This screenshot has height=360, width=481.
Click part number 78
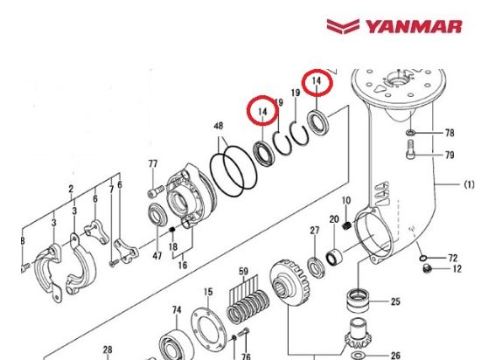[x=450, y=134]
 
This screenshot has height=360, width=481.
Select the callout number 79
[x=450, y=156]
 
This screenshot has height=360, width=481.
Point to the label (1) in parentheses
[x=469, y=184]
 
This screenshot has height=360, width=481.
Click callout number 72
[x=453, y=260]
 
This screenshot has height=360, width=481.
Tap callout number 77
[x=152, y=163]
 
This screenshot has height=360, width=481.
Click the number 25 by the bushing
[x=395, y=302]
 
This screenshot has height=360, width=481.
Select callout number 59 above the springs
[x=245, y=271]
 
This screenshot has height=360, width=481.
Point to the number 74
[x=176, y=310]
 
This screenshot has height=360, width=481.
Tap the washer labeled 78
[x=410, y=135]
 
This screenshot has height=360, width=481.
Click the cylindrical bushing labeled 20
[x=336, y=259]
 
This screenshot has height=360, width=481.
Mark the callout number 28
[x=107, y=350]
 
